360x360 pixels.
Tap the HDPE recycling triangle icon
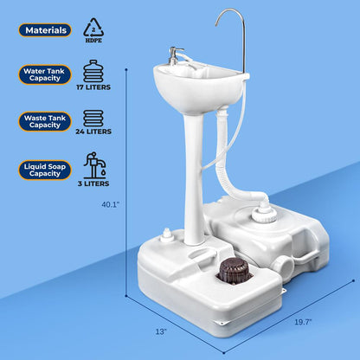[x=93, y=27]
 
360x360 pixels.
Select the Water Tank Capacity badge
[x=45, y=76]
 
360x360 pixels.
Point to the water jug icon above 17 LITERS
[x=94, y=72]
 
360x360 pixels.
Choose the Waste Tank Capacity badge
[x=45, y=121]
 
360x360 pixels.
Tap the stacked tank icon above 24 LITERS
[x=93, y=119]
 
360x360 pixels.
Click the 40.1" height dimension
[x=110, y=205]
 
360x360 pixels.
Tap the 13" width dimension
[x=160, y=330]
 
